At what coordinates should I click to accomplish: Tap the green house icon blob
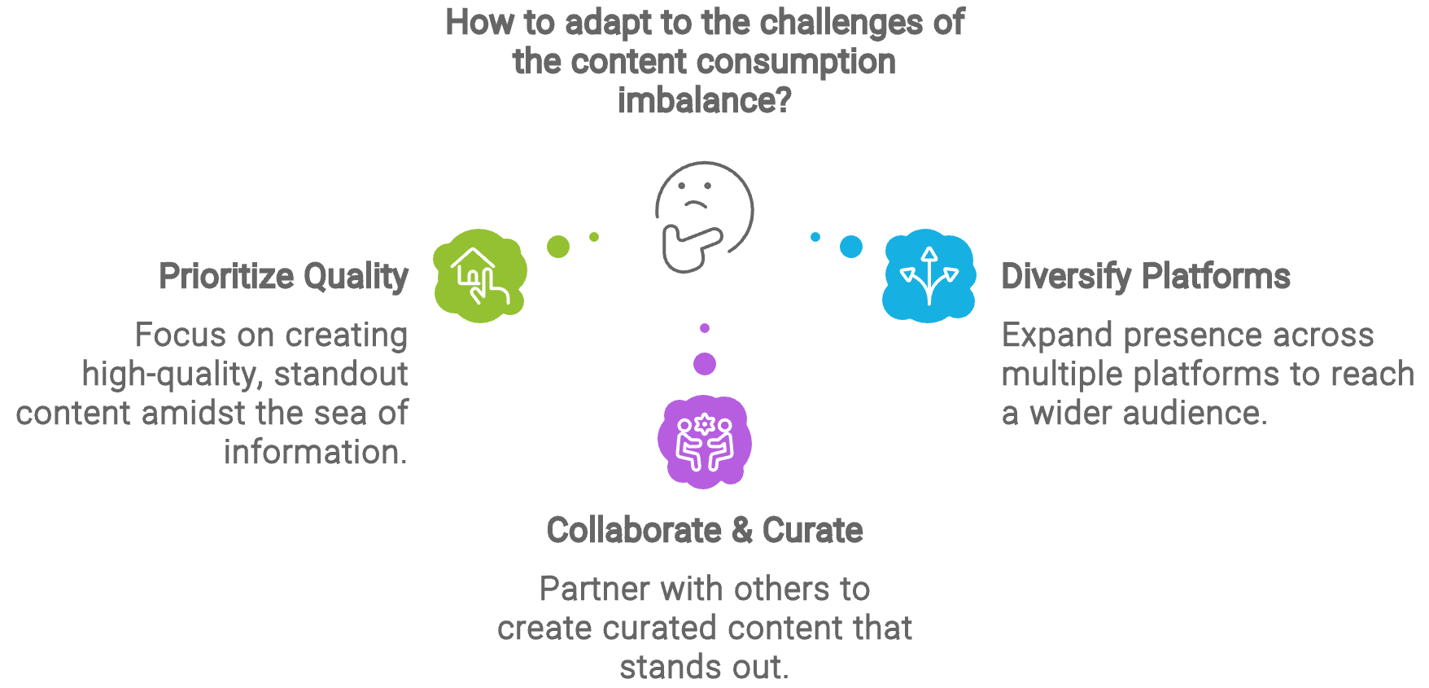click(x=480, y=275)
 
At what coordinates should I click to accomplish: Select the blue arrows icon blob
click(x=929, y=275)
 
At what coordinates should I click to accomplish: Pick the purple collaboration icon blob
click(x=705, y=442)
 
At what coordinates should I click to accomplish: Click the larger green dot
click(x=558, y=246)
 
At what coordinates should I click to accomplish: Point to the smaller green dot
click(x=594, y=237)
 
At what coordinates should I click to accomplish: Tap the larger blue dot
click(x=851, y=246)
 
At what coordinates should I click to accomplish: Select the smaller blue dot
click(x=815, y=237)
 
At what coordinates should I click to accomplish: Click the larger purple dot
click(x=705, y=363)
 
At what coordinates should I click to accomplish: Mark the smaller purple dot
click(x=705, y=328)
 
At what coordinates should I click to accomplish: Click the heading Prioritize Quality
click(x=283, y=277)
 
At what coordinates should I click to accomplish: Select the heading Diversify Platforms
click(x=1145, y=277)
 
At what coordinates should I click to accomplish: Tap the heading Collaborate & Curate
click(x=705, y=531)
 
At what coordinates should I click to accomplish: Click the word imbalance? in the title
click(x=704, y=101)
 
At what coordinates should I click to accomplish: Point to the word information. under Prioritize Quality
click(x=316, y=453)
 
